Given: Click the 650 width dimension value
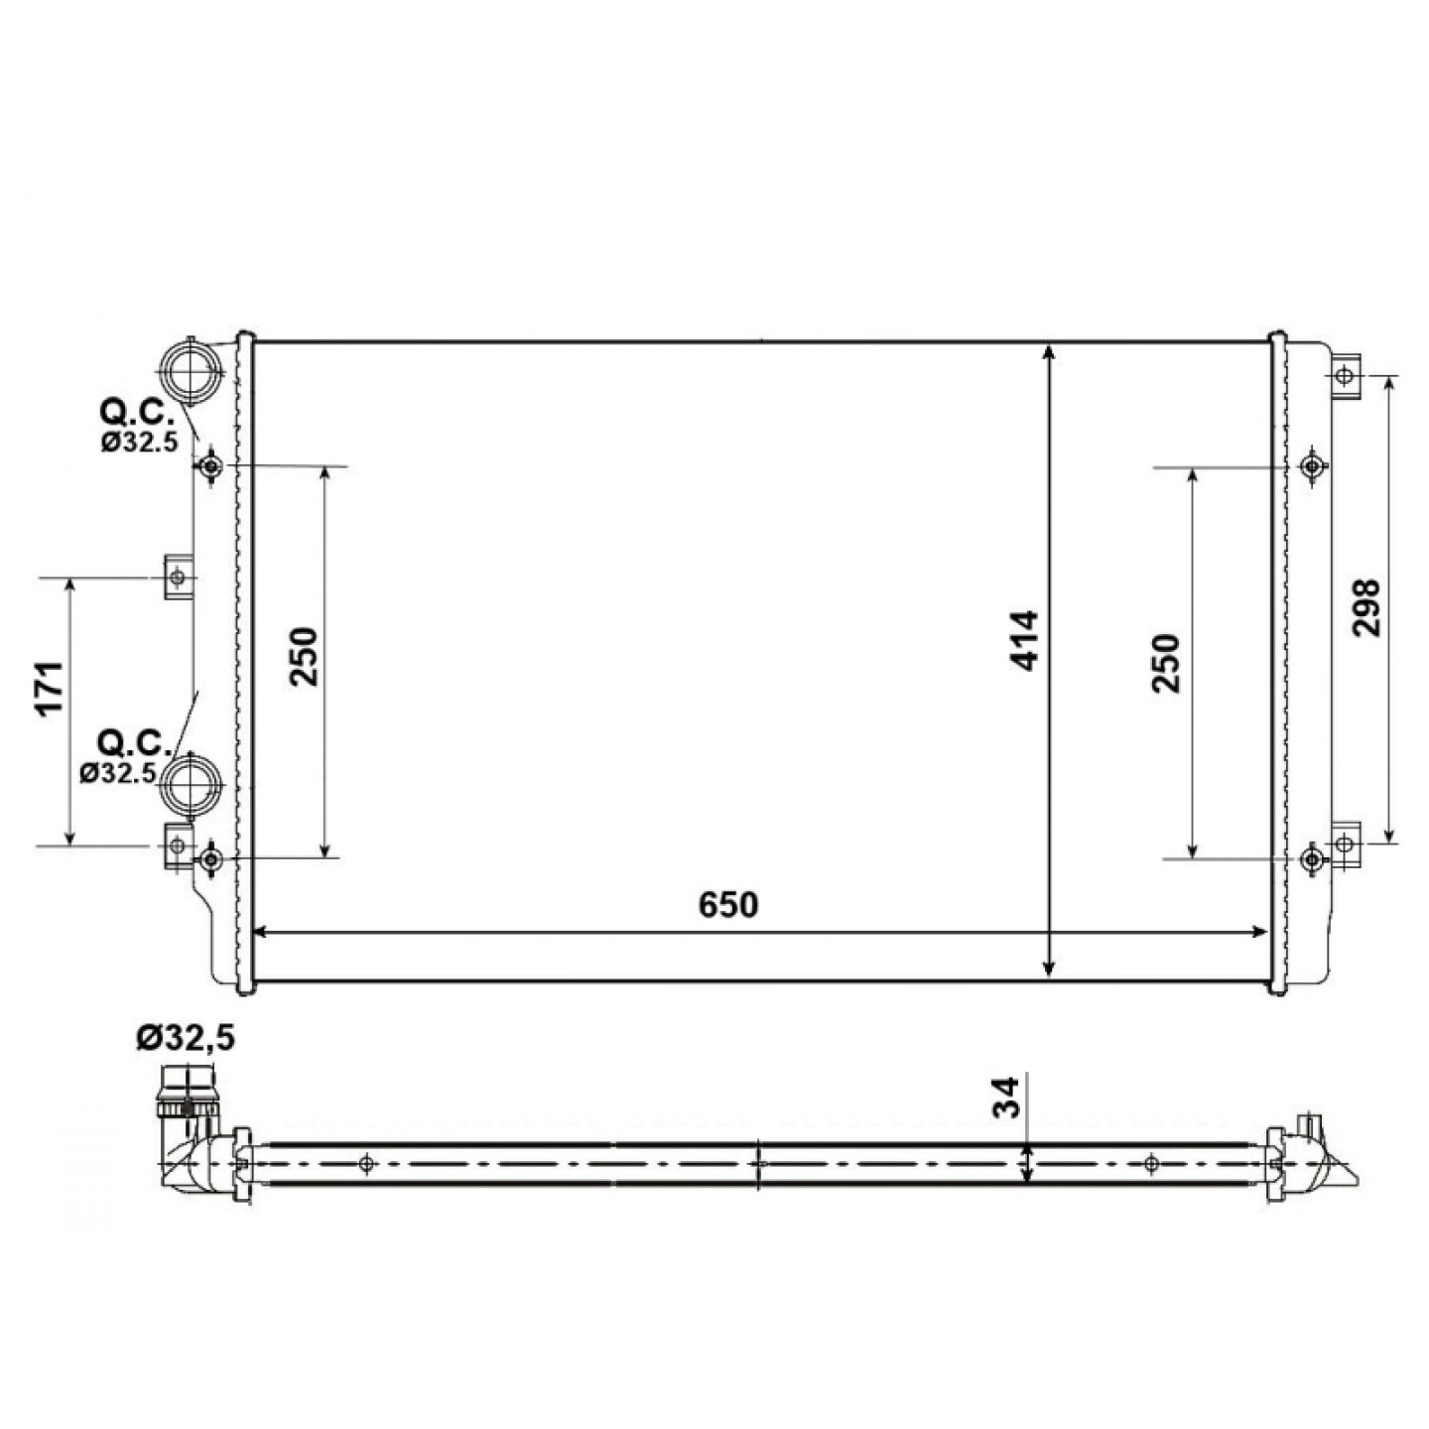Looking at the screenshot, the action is point(728,905).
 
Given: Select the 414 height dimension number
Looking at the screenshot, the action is point(1025,641).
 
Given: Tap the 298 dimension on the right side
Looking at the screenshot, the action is point(1365,607).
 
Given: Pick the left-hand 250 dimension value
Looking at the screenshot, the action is point(304,656).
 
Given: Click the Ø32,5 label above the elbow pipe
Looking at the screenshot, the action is point(186,1037).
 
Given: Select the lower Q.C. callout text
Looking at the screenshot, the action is point(137,742).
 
